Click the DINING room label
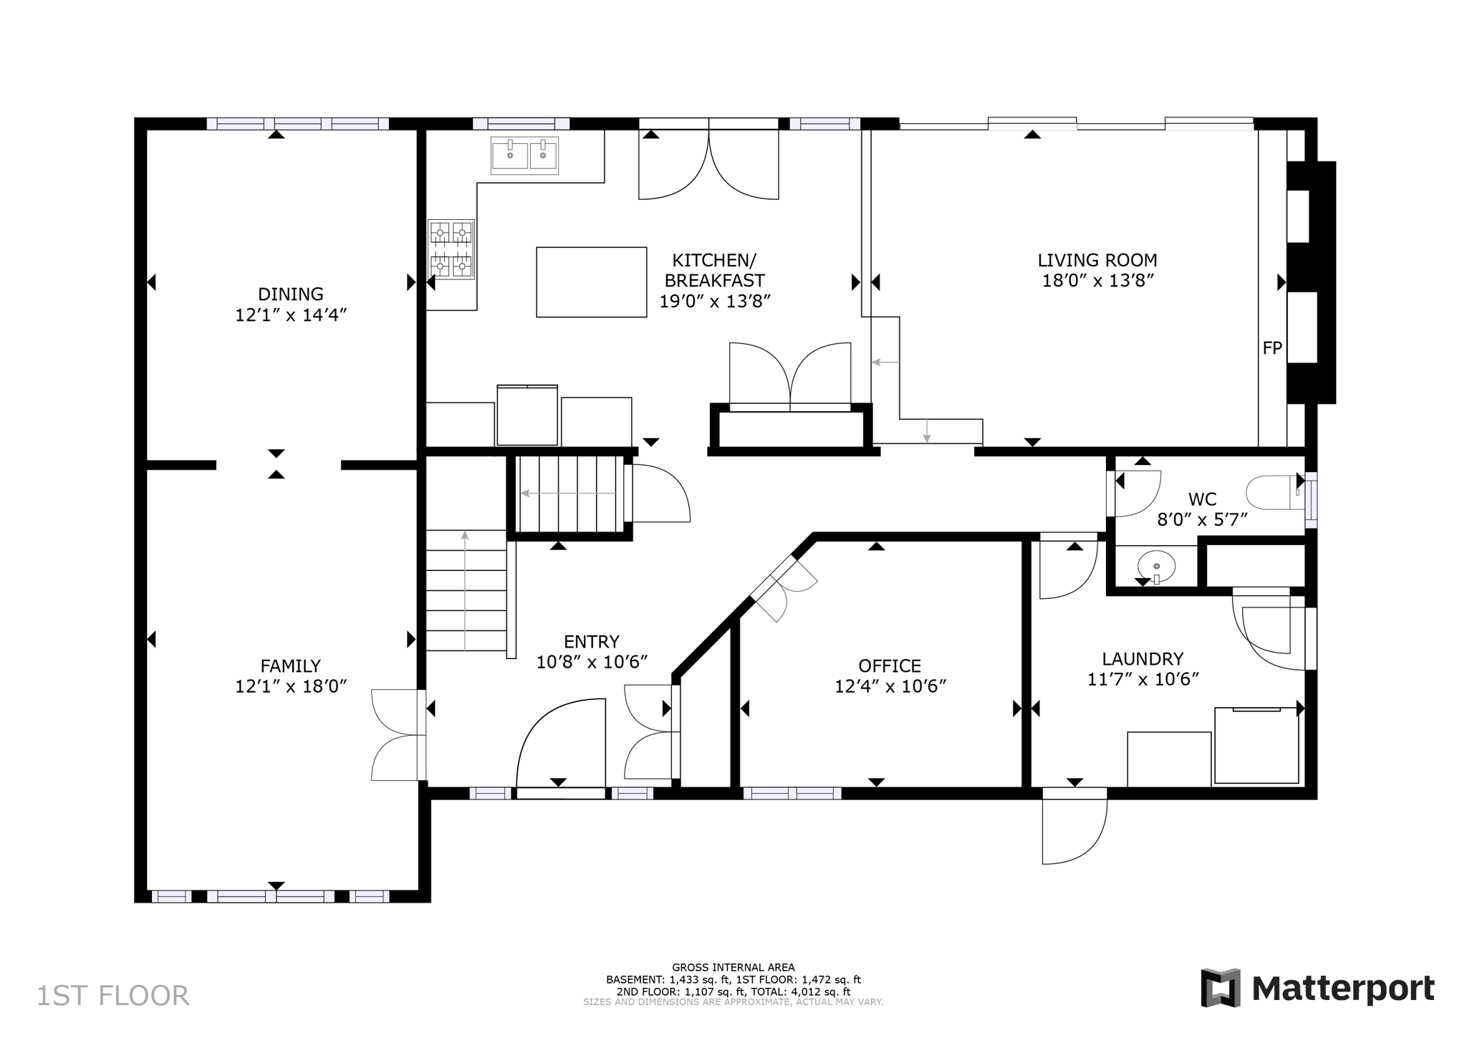click(x=290, y=294)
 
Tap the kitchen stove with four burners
click(x=451, y=249)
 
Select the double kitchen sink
click(x=524, y=155)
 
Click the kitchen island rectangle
click(x=591, y=282)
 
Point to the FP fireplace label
click(x=1272, y=348)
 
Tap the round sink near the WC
click(x=1156, y=566)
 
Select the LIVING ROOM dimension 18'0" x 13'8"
click(x=1097, y=281)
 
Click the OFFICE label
click(x=890, y=665)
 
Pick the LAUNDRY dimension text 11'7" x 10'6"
click(x=1143, y=679)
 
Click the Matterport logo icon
click(x=1221, y=988)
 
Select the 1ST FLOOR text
click(x=113, y=996)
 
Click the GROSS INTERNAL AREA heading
click(x=733, y=967)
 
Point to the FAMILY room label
click(x=290, y=665)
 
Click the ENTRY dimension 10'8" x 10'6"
click(x=592, y=662)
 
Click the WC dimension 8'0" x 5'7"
click(x=1202, y=519)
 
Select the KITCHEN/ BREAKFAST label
click(x=713, y=270)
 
